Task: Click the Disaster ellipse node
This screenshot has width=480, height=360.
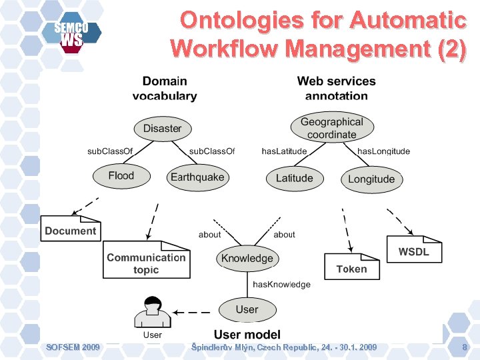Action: (162, 129)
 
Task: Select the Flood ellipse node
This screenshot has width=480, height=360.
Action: (121, 176)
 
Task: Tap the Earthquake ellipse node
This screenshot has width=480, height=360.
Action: (197, 177)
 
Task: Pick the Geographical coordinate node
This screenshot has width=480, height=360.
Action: (332, 128)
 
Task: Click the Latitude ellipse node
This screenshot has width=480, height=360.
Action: (294, 178)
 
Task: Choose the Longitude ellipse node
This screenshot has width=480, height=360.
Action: (371, 179)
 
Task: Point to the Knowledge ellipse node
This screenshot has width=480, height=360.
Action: (247, 258)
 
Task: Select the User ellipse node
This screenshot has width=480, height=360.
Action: (247, 309)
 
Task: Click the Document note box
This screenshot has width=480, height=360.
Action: (71, 230)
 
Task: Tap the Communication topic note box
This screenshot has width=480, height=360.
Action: (146, 262)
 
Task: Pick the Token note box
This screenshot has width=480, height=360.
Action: (351, 268)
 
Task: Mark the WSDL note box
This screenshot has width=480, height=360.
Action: (413, 251)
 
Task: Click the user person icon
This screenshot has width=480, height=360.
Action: (153, 311)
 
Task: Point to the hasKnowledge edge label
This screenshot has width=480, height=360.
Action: (281, 285)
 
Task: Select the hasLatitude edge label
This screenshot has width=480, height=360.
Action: (284, 151)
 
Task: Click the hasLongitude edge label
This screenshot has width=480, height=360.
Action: (383, 151)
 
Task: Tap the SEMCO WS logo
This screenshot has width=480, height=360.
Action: (71, 34)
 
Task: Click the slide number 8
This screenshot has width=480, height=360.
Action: (465, 347)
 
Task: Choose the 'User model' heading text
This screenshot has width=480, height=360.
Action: (247, 334)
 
